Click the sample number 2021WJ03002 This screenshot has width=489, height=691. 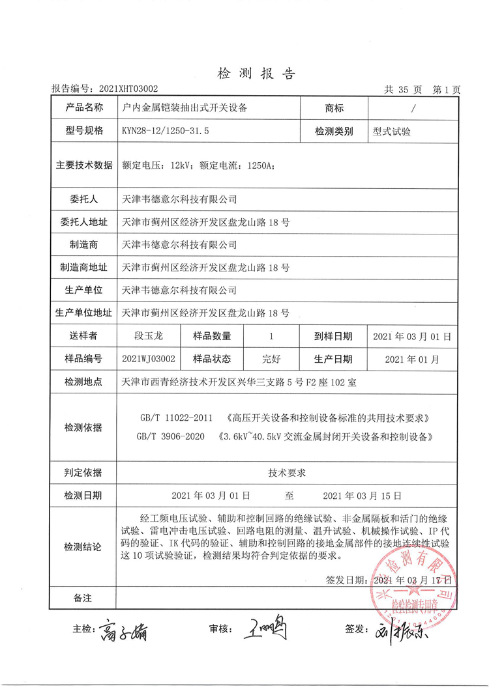[x=148, y=358]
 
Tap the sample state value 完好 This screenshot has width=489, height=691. [x=271, y=358]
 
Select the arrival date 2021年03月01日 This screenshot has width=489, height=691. [x=412, y=337]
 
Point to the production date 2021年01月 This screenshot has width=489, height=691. [x=412, y=358]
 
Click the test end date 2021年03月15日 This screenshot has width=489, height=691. [x=362, y=496]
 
